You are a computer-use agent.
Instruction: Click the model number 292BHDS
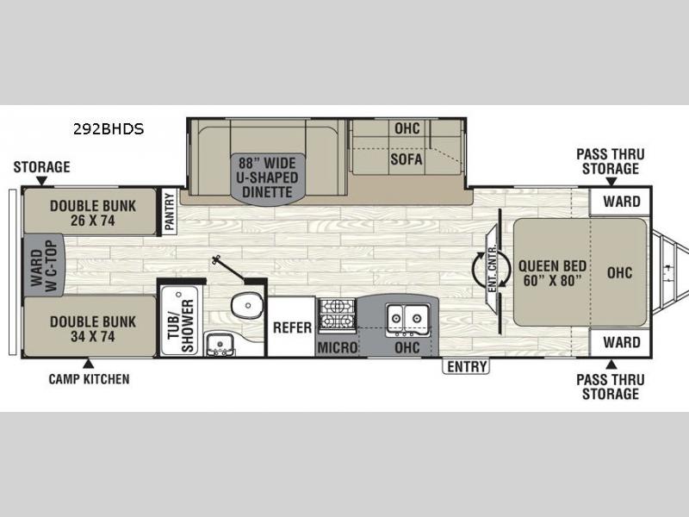pyautogui.click(x=109, y=128)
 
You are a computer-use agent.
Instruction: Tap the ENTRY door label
pyautogui.click(x=466, y=366)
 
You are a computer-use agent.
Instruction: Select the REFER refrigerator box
pyautogui.click(x=292, y=327)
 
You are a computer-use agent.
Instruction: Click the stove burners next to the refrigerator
pyautogui.click(x=337, y=314)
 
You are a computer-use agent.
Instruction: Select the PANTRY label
pyautogui.click(x=169, y=212)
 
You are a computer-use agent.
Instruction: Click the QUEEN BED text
pyautogui.click(x=552, y=266)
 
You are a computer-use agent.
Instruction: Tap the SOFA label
pyautogui.click(x=407, y=159)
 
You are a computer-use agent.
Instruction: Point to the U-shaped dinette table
pyautogui.click(x=267, y=178)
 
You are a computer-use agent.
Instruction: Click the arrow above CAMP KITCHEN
pyautogui.click(x=89, y=363)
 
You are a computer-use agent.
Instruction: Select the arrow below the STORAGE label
pyautogui.click(x=41, y=180)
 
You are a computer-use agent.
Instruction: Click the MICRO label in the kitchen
pyautogui.click(x=338, y=348)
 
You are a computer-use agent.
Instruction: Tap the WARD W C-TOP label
pyautogui.click(x=44, y=265)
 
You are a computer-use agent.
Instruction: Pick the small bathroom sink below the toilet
pyautogui.click(x=220, y=343)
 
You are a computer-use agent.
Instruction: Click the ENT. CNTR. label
pyautogui.click(x=492, y=268)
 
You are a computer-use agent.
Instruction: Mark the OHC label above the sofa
pyautogui.click(x=407, y=128)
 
